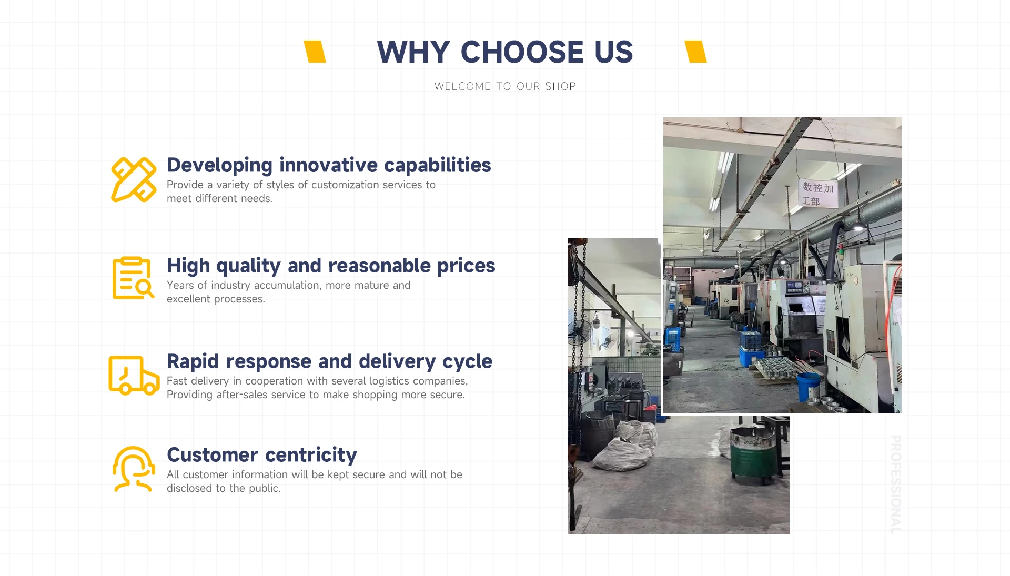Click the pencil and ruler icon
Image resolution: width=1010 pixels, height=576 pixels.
pos(134,179)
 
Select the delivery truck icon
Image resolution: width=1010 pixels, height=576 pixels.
pos(134,375)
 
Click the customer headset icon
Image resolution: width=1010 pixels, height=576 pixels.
pos(134,469)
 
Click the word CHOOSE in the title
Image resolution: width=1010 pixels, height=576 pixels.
pos(522,52)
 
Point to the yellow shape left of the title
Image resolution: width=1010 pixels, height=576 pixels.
pos(315,52)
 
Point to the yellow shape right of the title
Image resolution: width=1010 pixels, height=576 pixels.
pos(695,52)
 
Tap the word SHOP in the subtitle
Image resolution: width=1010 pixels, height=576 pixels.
pos(560,86)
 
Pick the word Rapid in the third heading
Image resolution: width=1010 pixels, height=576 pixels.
pos(193,362)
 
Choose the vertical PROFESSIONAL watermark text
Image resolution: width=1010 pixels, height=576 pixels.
pos(896,484)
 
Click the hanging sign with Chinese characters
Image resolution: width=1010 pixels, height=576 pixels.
pos(818,194)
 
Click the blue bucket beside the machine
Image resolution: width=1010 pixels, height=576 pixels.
pos(809,387)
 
